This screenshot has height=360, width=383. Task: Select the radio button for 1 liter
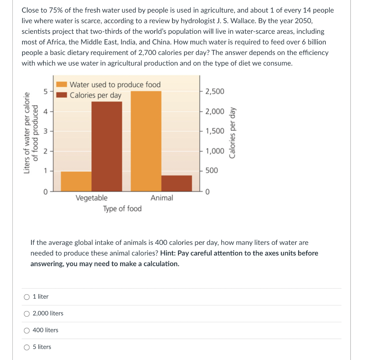click(x=27, y=297)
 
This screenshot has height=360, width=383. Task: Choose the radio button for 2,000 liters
click(x=27, y=314)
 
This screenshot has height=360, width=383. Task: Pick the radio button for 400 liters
click(x=27, y=330)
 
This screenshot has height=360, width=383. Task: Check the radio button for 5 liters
click(x=27, y=347)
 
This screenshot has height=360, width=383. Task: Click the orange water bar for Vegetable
click(x=76, y=181)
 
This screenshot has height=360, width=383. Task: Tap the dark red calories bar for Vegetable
click(x=107, y=146)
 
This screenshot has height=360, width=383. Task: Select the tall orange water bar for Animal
click(x=146, y=141)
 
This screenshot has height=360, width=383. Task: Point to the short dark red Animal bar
click(x=177, y=183)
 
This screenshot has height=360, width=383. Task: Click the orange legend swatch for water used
click(x=62, y=84)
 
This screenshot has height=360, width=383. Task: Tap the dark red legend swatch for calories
click(x=62, y=95)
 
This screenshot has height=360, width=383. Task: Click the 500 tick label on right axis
click(x=211, y=170)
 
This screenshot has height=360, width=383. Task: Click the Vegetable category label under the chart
click(x=91, y=198)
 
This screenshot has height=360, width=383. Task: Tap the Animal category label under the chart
click(x=162, y=198)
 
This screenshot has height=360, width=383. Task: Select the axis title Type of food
click(x=122, y=209)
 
